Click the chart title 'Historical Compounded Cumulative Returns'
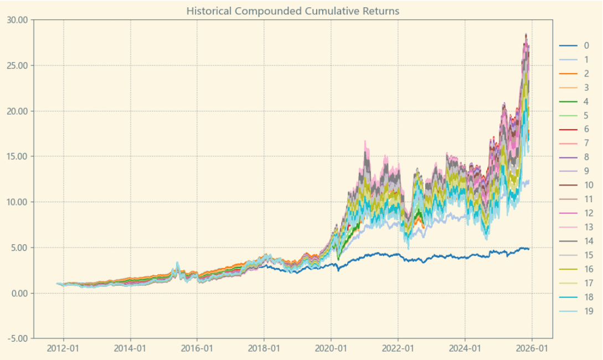(x=293, y=11)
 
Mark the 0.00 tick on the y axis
(x=18, y=293)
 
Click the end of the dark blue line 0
(x=529, y=249)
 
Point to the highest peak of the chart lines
(x=525, y=34)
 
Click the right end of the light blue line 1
(x=529, y=181)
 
